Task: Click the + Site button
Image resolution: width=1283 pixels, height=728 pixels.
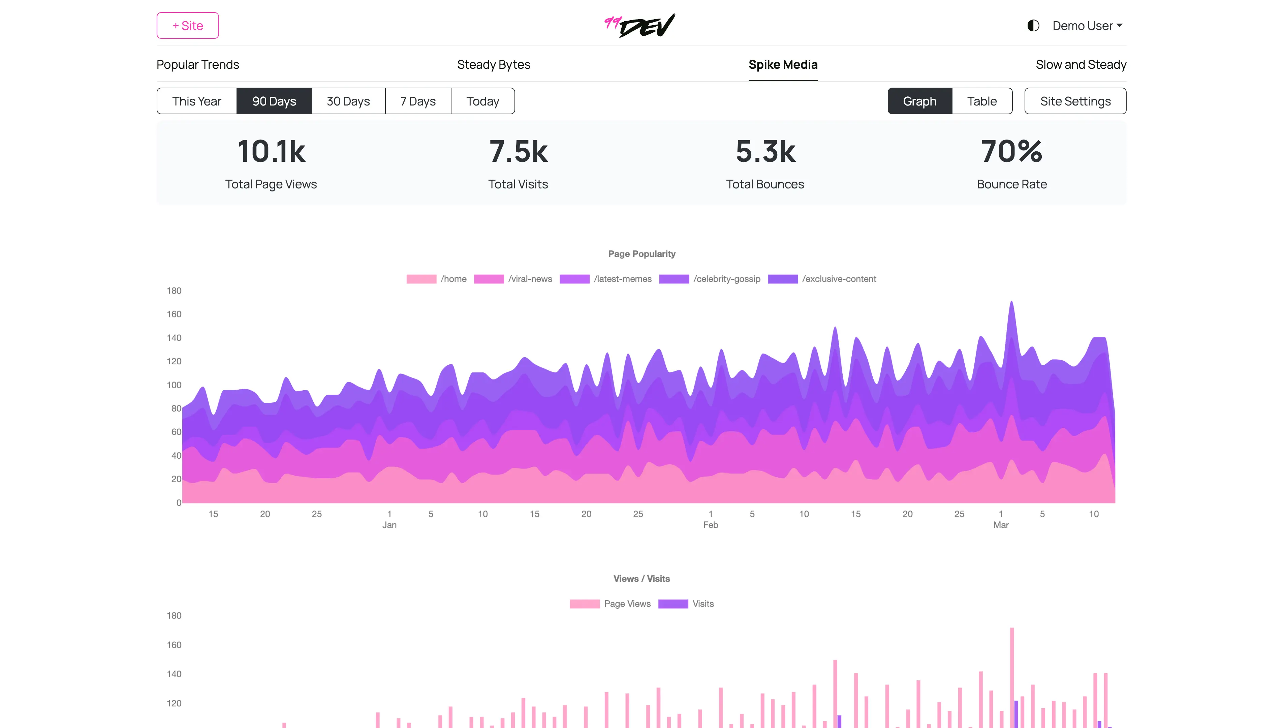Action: click(x=187, y=26)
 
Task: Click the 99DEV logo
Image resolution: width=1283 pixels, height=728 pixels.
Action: click(x=640, y=26)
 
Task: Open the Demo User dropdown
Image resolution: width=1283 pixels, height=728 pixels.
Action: click(x=1087, y=26)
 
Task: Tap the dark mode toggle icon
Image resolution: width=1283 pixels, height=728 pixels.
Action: click(x=1033, y=26)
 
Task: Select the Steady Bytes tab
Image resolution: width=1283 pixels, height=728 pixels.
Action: click(x=493, y=64)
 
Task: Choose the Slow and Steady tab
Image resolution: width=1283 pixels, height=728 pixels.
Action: click(x=1081, y=64)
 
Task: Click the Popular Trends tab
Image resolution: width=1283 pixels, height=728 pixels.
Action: click(x=197, y=64)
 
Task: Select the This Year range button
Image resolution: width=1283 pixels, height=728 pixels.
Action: click(x=196, y=101)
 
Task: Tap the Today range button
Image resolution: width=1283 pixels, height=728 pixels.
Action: click(x=482, y=101)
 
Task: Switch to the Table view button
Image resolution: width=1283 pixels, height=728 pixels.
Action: click(x=981, y=101)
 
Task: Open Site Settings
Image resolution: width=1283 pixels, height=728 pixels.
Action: click(x=1075, y=101)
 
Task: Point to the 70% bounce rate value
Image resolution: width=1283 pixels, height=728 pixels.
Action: click(x=1011, y=152)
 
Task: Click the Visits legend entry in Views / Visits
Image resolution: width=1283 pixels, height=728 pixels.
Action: click(x=686, y=604)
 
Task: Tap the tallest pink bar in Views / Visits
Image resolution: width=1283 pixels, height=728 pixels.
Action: click(x=1011, y=675)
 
